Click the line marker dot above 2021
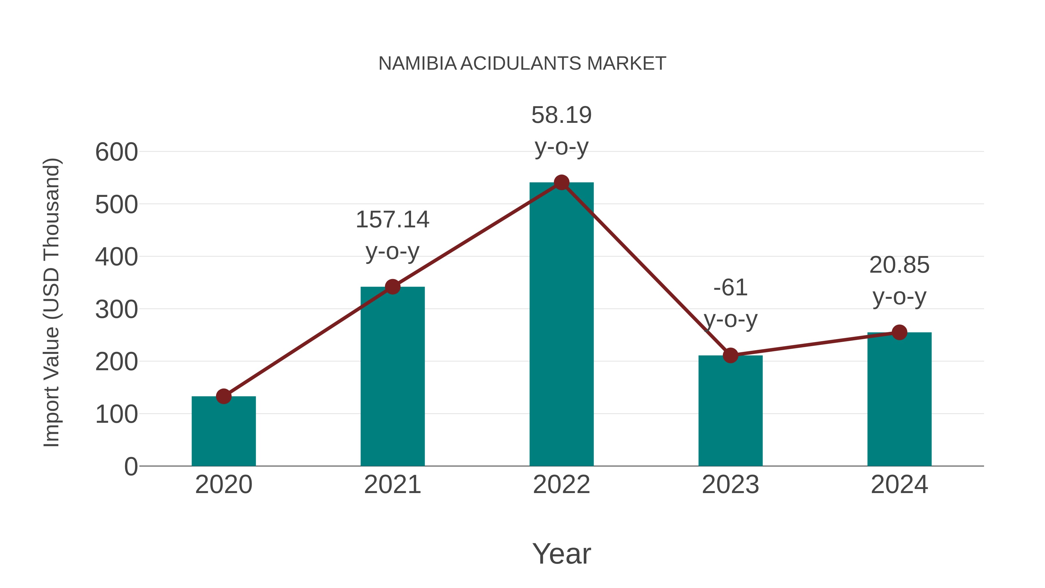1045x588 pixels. pyautogui.click(x=392, y=287)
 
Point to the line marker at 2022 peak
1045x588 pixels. pyautogui.click(x=561, y=183)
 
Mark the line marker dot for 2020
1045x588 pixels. pyautogui.click(x=224, y=396)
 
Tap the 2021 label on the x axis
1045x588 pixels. pyautogui.click(x=392, y=485)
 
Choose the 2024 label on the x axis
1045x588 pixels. pyautogui.click(x=899, y=485)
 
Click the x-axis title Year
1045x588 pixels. pyautogui.click(x=561, y=554)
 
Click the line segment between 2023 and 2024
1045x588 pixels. pyautogui.click(x=815, y=344)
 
